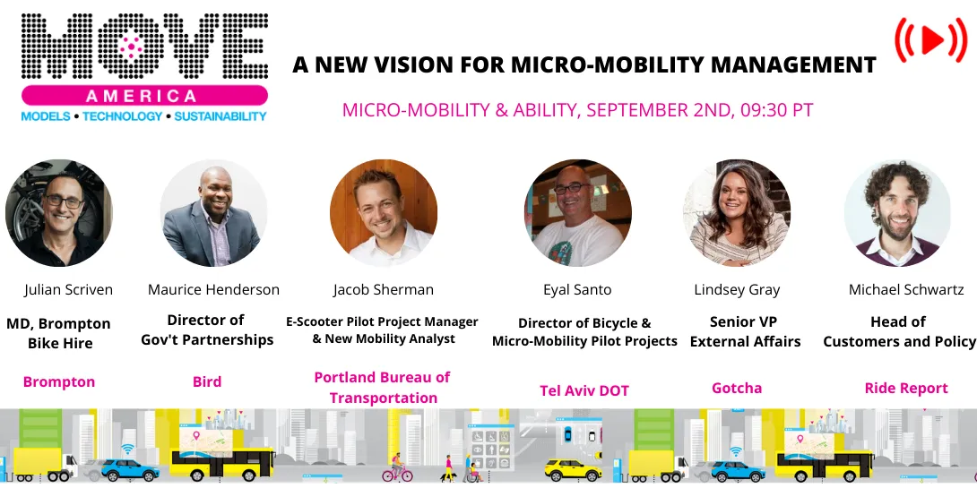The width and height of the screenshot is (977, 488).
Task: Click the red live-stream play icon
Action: pyautogui.click(x=930, y=39)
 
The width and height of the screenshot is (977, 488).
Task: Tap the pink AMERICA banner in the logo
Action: pyautogui.click(x=144, y=95)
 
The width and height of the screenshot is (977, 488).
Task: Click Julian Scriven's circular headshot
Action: pyautogui.click(x=59, y=213)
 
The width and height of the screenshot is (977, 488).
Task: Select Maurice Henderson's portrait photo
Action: pyautogui.click(x=213, y=213)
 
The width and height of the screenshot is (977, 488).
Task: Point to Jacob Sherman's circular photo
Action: pyautogui.click(x=383, y=213)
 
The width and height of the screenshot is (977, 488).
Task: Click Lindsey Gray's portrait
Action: pyautogui.click(x=737, y=213)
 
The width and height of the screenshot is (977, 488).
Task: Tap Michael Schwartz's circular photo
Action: pyautogui.click(x=897, y=213)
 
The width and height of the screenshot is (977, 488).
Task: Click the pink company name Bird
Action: pyautogui.click(x=207, y=382)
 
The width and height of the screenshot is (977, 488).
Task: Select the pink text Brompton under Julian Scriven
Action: pyautogui.click(x=59, y=382)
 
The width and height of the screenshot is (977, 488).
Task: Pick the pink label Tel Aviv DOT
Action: pyautogui.click(x=584, y=390)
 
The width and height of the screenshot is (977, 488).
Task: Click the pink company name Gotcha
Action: pyautogui.click(x=737, y=388)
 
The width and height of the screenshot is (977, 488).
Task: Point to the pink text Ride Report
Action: pyautogui.click(x=906, y=388)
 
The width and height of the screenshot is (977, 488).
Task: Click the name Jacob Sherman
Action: pyautogui.click(x=383, y=290)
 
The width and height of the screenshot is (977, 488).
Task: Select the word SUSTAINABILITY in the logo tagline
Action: pyautogui.click(x=220, y=116)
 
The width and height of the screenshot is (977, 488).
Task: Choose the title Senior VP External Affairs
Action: pyautogui.click(x=743, y=331)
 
